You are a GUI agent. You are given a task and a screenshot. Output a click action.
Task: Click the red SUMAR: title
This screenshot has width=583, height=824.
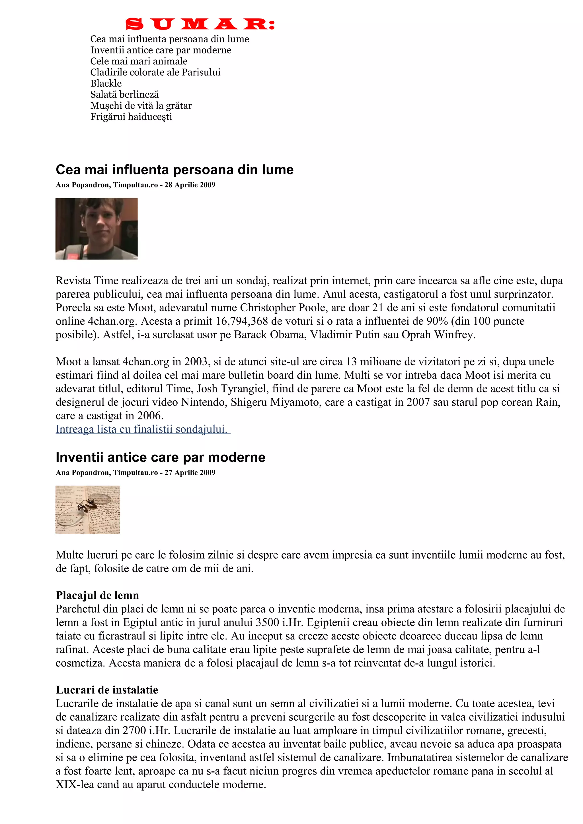pyautogui.click(x=200, y=24)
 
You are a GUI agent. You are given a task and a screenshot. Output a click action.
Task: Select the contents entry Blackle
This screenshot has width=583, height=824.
pyautogui.click(x=106, y=83)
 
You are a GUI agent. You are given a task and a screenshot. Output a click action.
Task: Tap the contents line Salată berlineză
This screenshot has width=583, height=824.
pyautogui.click(x=124, y=94)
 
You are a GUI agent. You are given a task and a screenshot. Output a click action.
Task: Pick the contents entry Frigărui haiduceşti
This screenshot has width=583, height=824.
pyautogui.click(x=131, y=117)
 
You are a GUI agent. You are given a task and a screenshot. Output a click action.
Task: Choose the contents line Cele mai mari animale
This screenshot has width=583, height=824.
pyautogui.click(x=139, y=61)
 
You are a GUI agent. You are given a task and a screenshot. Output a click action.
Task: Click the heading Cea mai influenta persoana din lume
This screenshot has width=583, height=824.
pyautogui.click(x=175, y=169)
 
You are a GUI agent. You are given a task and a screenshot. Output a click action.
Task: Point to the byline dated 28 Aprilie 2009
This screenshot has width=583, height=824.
pyautogui.click(x=136, y=185)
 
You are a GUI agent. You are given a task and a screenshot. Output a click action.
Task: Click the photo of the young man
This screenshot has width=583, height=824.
pyautogui.click(x=96, y=229)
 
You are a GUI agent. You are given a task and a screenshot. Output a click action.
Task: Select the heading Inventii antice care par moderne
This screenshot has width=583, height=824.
pyautogui.click(x=161, y=457)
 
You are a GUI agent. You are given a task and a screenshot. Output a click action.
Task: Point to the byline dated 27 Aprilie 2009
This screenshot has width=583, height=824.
pyautogui.click(x=136, y=473)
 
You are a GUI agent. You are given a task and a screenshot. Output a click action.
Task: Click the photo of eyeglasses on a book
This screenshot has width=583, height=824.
pyautogui.click(x=88, y=510)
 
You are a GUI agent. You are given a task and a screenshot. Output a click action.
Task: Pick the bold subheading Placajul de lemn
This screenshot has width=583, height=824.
pyautogui.click(x=97, y=595)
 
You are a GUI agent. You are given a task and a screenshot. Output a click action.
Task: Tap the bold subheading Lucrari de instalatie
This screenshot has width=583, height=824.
pyautogui.click(x=107, y=690)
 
